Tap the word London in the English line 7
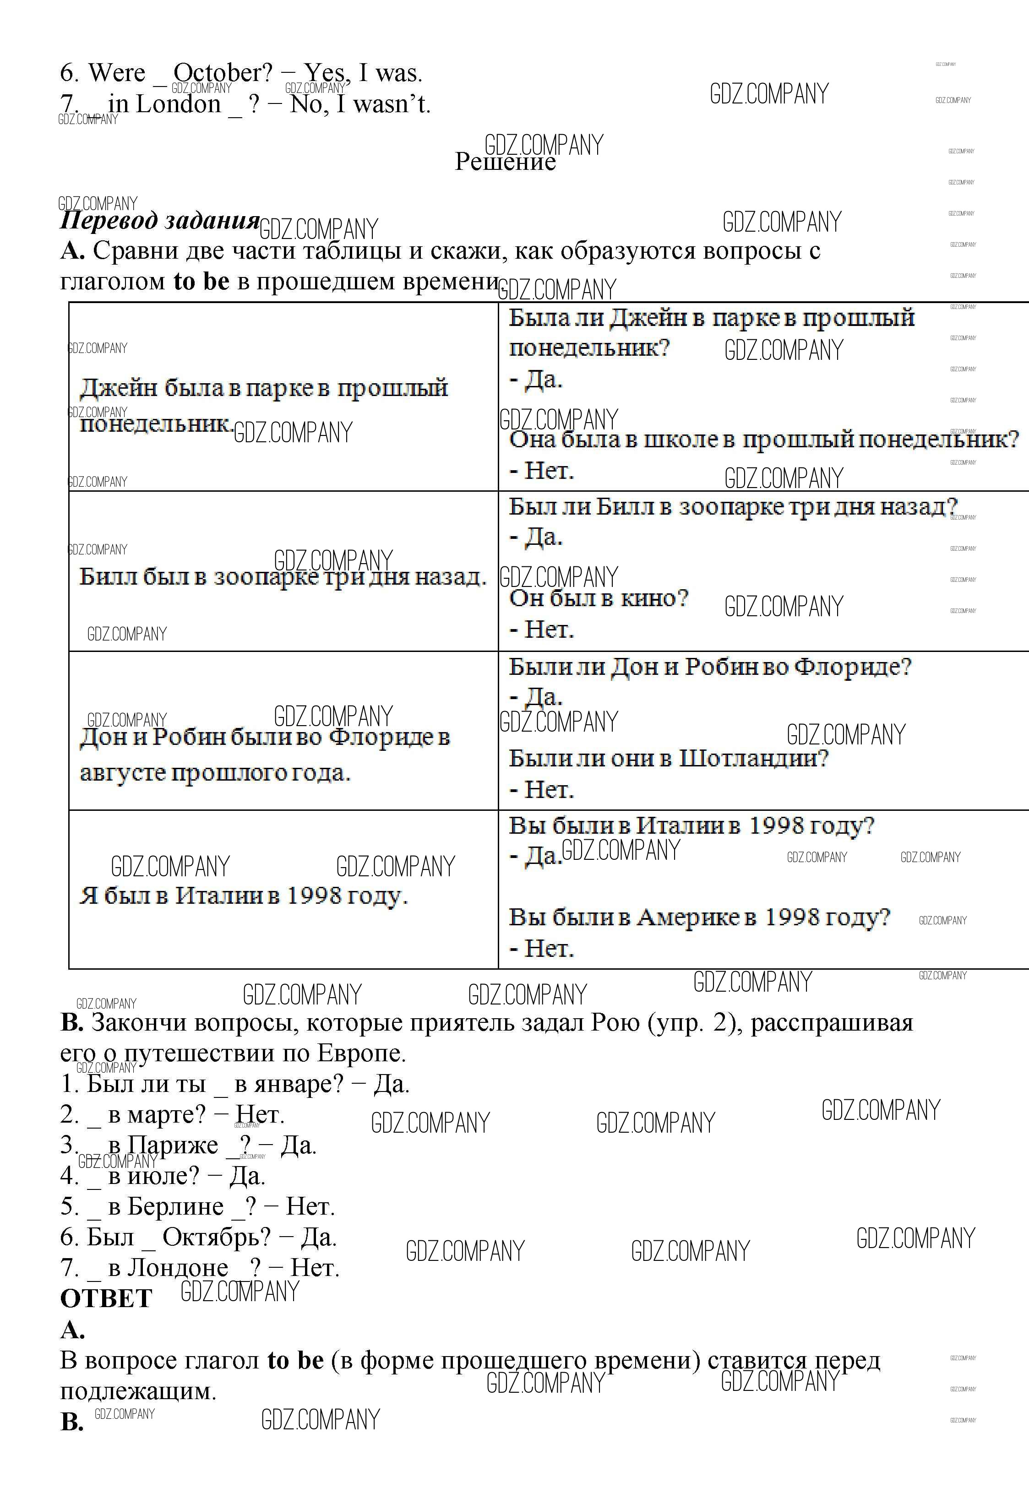click(x=178, y=104)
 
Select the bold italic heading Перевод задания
click(x=159, y=221)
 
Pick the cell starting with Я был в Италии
click(x=244, y=896)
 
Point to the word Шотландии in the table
click(x=752, y=758)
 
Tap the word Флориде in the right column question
click(x=851, y=667)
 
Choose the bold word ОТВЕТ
click(x=106, y=1298)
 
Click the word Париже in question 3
click(x=173, y=1146)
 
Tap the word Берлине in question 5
click(x=175, y=1206)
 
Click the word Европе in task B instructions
click(x=360, y=1053)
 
